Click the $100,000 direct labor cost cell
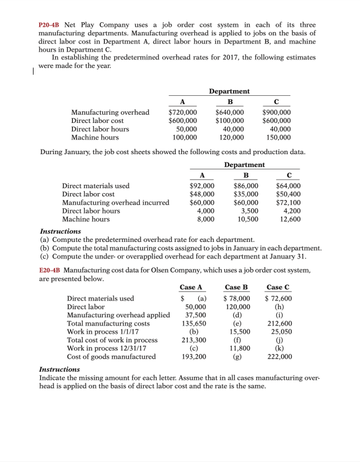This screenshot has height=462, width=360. tap(230, 121)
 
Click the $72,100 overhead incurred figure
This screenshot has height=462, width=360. tap(288, 202)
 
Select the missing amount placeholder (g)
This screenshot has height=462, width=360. tap(237, 357)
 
